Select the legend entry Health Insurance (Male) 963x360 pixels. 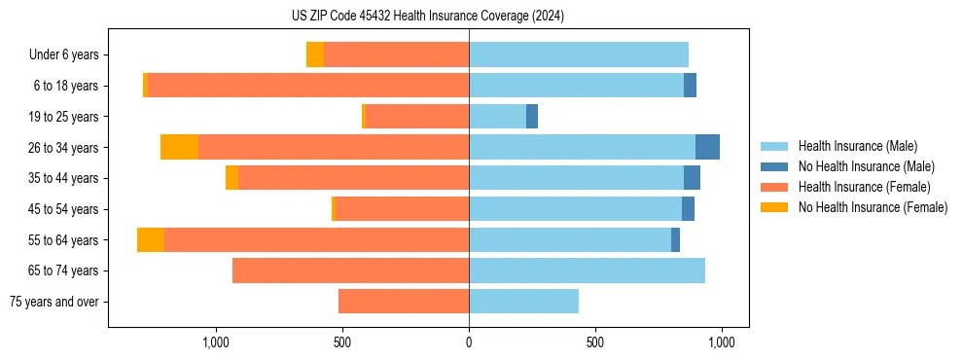pyautogui.click(x=857, y=146)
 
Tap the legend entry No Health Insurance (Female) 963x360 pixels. pyautogui.click(x=873, y=207)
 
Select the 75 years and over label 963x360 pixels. pyautogui.click(x=54, y=302)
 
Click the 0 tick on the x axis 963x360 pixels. pyautogui.click(x=469, y=342)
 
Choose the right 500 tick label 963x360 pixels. pyautogui.click(x=595, y=342)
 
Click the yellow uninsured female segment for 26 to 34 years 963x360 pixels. pyautogui.click(x=179, y=147)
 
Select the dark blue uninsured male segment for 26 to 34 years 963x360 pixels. pyautogui.click(x=707, y=147)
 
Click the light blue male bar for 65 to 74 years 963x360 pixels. pyautogui.click(x=587, y=270)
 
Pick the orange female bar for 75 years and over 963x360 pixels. pyautogui.click(x=404, y=302)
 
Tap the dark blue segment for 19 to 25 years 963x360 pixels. pyautogui.click(x=532, y=117)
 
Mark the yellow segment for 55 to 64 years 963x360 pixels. pyautogui.click(x=151, y=239)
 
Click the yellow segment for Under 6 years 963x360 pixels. pyautogui.click(x=315, y=54)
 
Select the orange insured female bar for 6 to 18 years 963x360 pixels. pyautogui.click(x=307, y=86)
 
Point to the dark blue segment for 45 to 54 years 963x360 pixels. pyautogui.click(x=688, y=209)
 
